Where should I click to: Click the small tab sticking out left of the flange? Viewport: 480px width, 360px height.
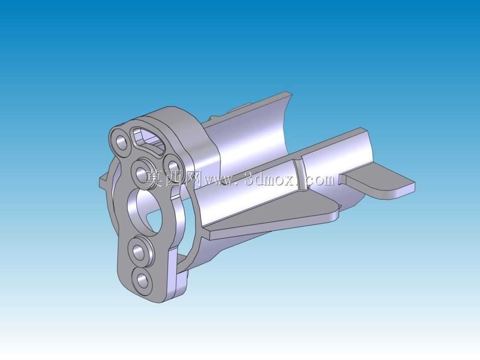[x=104, y=181]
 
